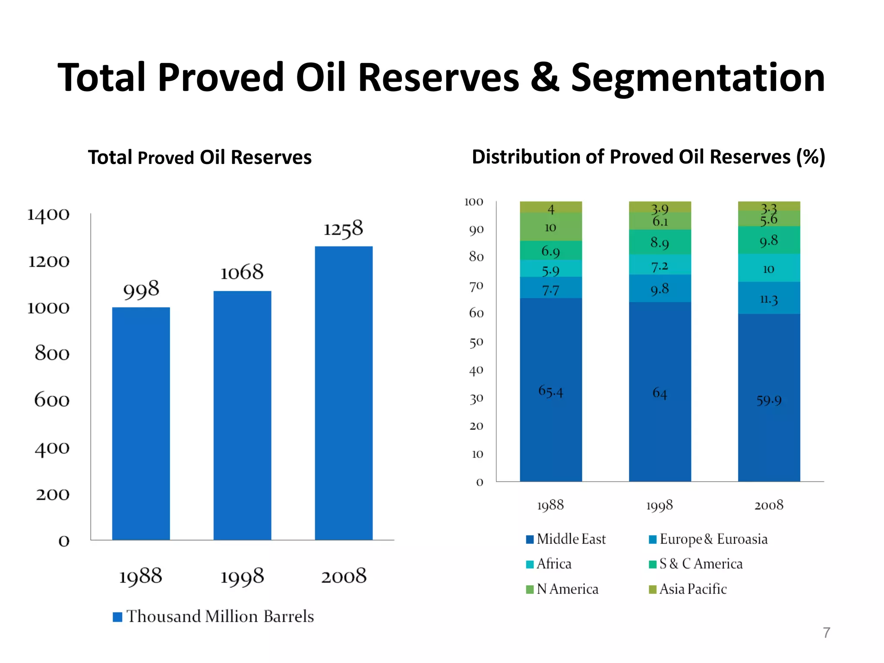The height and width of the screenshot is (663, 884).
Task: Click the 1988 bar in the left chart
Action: [141, 423]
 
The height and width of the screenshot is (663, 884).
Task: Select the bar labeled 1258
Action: [344, 393]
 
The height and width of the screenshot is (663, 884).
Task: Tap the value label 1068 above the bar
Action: [242, 272]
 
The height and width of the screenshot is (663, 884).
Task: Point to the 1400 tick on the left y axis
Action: [48, 215]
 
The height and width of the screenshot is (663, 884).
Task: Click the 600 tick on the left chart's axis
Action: [52, 400]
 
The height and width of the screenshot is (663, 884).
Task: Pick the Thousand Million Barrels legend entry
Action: [213, 616]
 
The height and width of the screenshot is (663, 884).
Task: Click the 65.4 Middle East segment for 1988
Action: [551, 391]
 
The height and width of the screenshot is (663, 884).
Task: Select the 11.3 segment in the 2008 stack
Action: [769, 298]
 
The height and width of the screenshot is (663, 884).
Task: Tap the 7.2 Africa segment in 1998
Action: [660, 265]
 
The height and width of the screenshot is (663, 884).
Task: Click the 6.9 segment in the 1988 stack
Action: [551, 250]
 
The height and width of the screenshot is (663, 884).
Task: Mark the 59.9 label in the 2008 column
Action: [769, 400]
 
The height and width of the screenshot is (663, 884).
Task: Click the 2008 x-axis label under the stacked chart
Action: [769, 505]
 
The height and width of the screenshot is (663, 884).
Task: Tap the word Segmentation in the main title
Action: [698, 78]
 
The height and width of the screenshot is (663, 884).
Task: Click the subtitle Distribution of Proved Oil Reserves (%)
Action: [648, 157]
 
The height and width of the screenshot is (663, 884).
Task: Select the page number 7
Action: [826, 632]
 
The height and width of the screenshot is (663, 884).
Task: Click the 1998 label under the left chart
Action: [242, 576]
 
